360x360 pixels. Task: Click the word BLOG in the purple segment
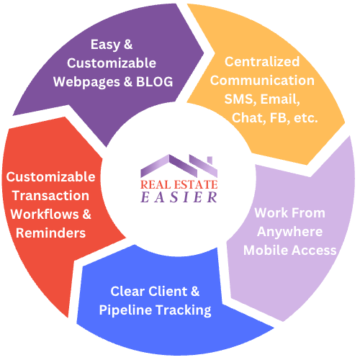pos(155,82)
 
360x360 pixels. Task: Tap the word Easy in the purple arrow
pos(105,45)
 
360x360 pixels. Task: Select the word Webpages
pos(86,83)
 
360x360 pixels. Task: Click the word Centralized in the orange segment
pos(262,61)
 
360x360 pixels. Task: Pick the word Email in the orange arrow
pos(280,99)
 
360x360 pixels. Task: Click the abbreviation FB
pos(278,117)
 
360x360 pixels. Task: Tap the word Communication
pos(262,80)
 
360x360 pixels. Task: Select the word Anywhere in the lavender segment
pos(290,233)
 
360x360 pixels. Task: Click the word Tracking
pos(184,310)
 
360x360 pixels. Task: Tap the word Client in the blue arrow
pos(168,292)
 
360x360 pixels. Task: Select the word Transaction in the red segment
pos(50,195)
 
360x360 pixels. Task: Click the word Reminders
pos(50,233)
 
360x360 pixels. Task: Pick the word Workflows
pos(45,214)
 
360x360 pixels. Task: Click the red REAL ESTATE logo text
pos(179,184)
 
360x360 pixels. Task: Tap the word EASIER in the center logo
pos(179,197)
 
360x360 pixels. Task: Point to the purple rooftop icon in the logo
pos(179,166)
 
